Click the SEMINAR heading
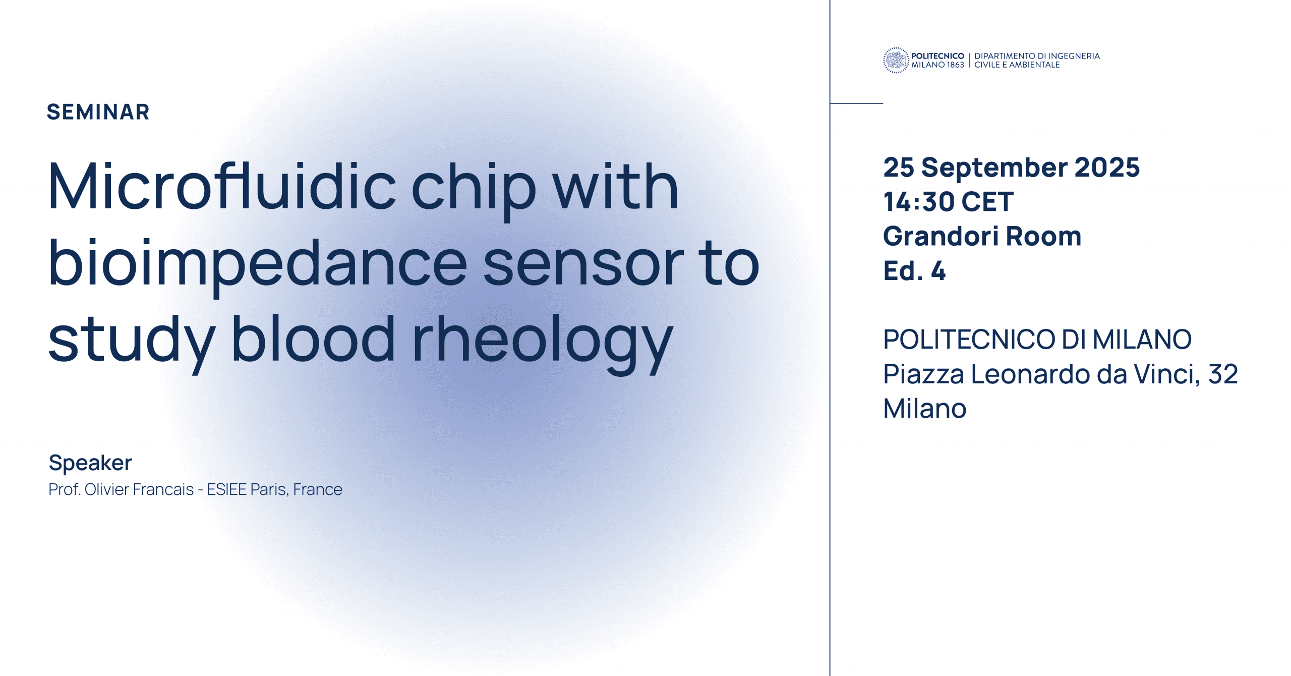(98, 112)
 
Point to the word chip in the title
(474, 189)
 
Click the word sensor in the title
(583, 266)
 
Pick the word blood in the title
(313, 337)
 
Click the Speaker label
(90, 463)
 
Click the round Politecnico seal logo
(896, 60)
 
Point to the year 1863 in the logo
(955, 65)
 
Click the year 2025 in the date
(1107, 167)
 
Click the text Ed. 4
(914, 271)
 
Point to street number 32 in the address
(1223, 374)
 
